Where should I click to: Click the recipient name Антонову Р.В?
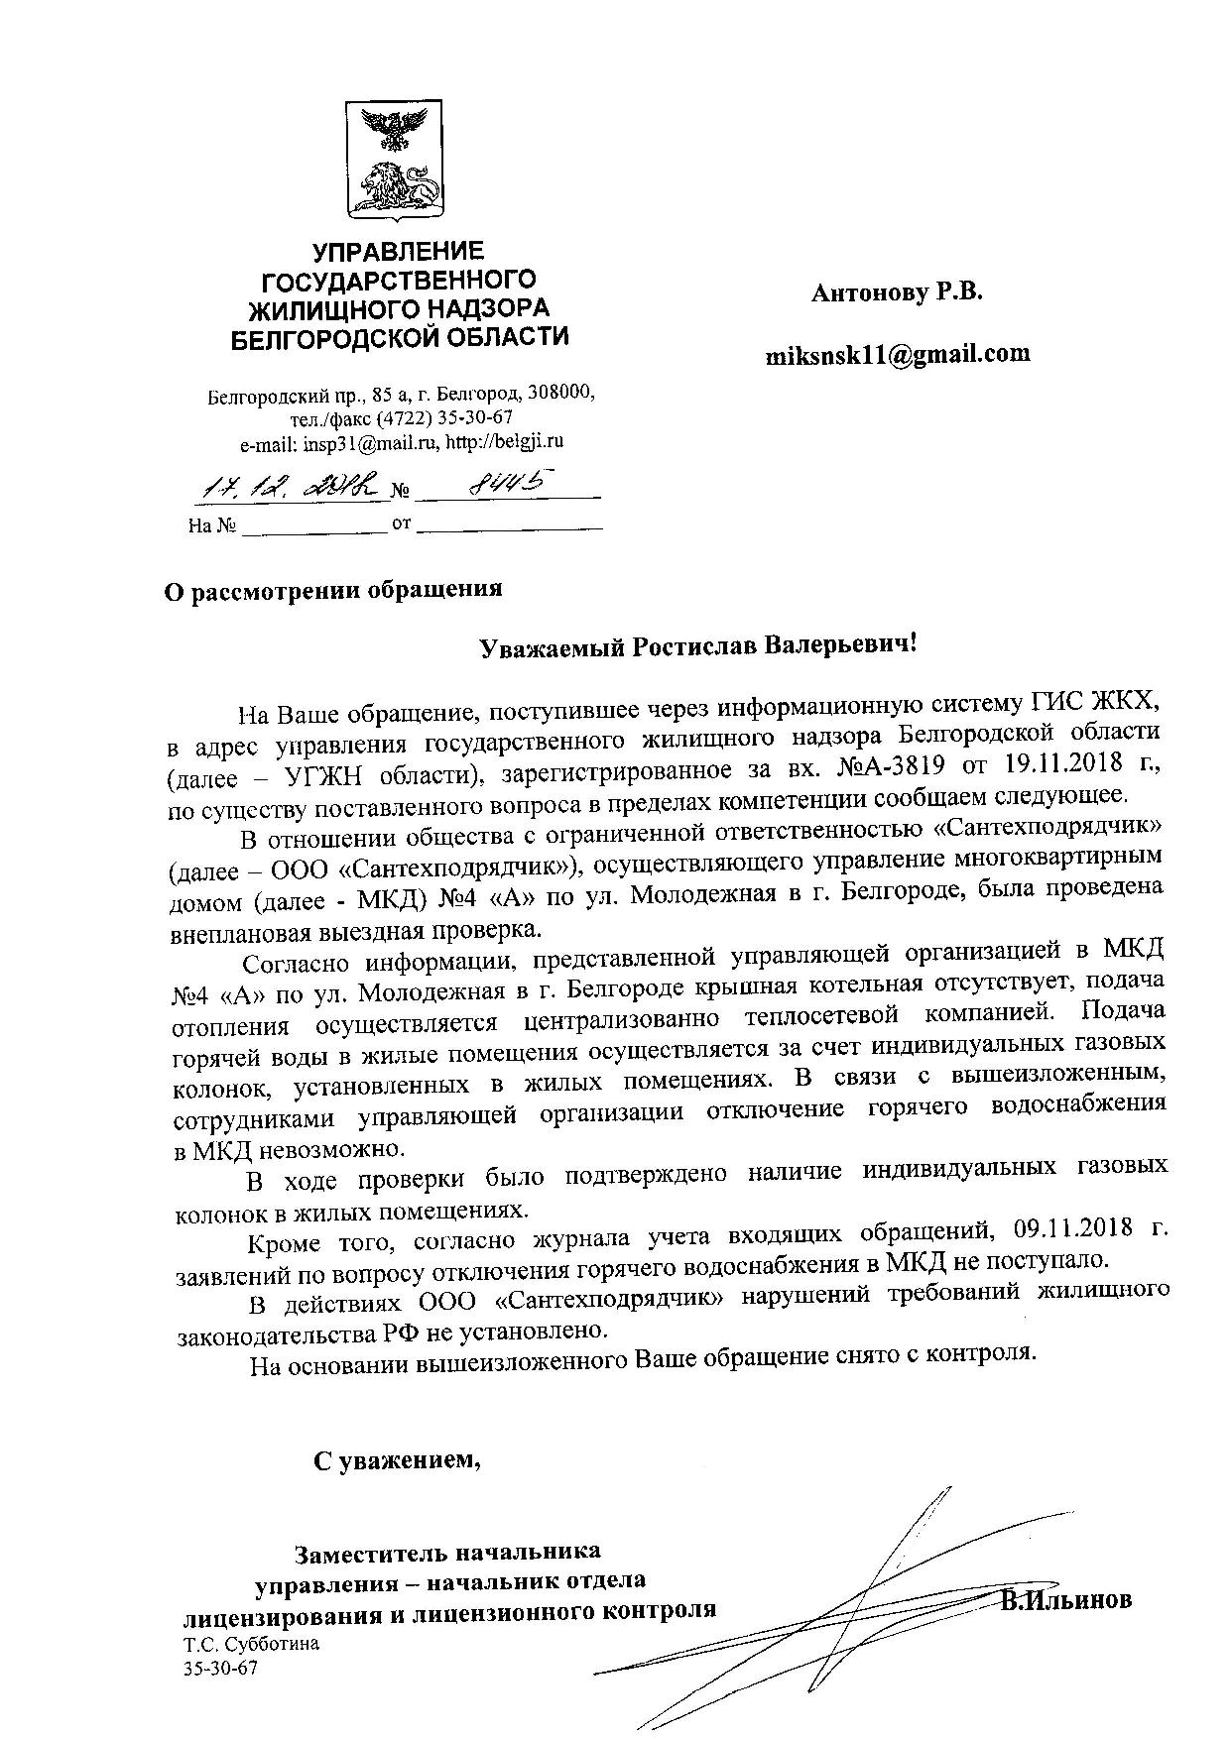[x=896, y=292]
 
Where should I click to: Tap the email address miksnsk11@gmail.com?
[x=897, y=353]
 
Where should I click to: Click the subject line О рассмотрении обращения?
[x=333, y=590]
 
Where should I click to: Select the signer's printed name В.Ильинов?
[x=1065, y=1601]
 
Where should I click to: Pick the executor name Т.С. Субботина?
[x=251, y=1644]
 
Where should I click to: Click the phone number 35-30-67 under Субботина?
[x=219, y=1669]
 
